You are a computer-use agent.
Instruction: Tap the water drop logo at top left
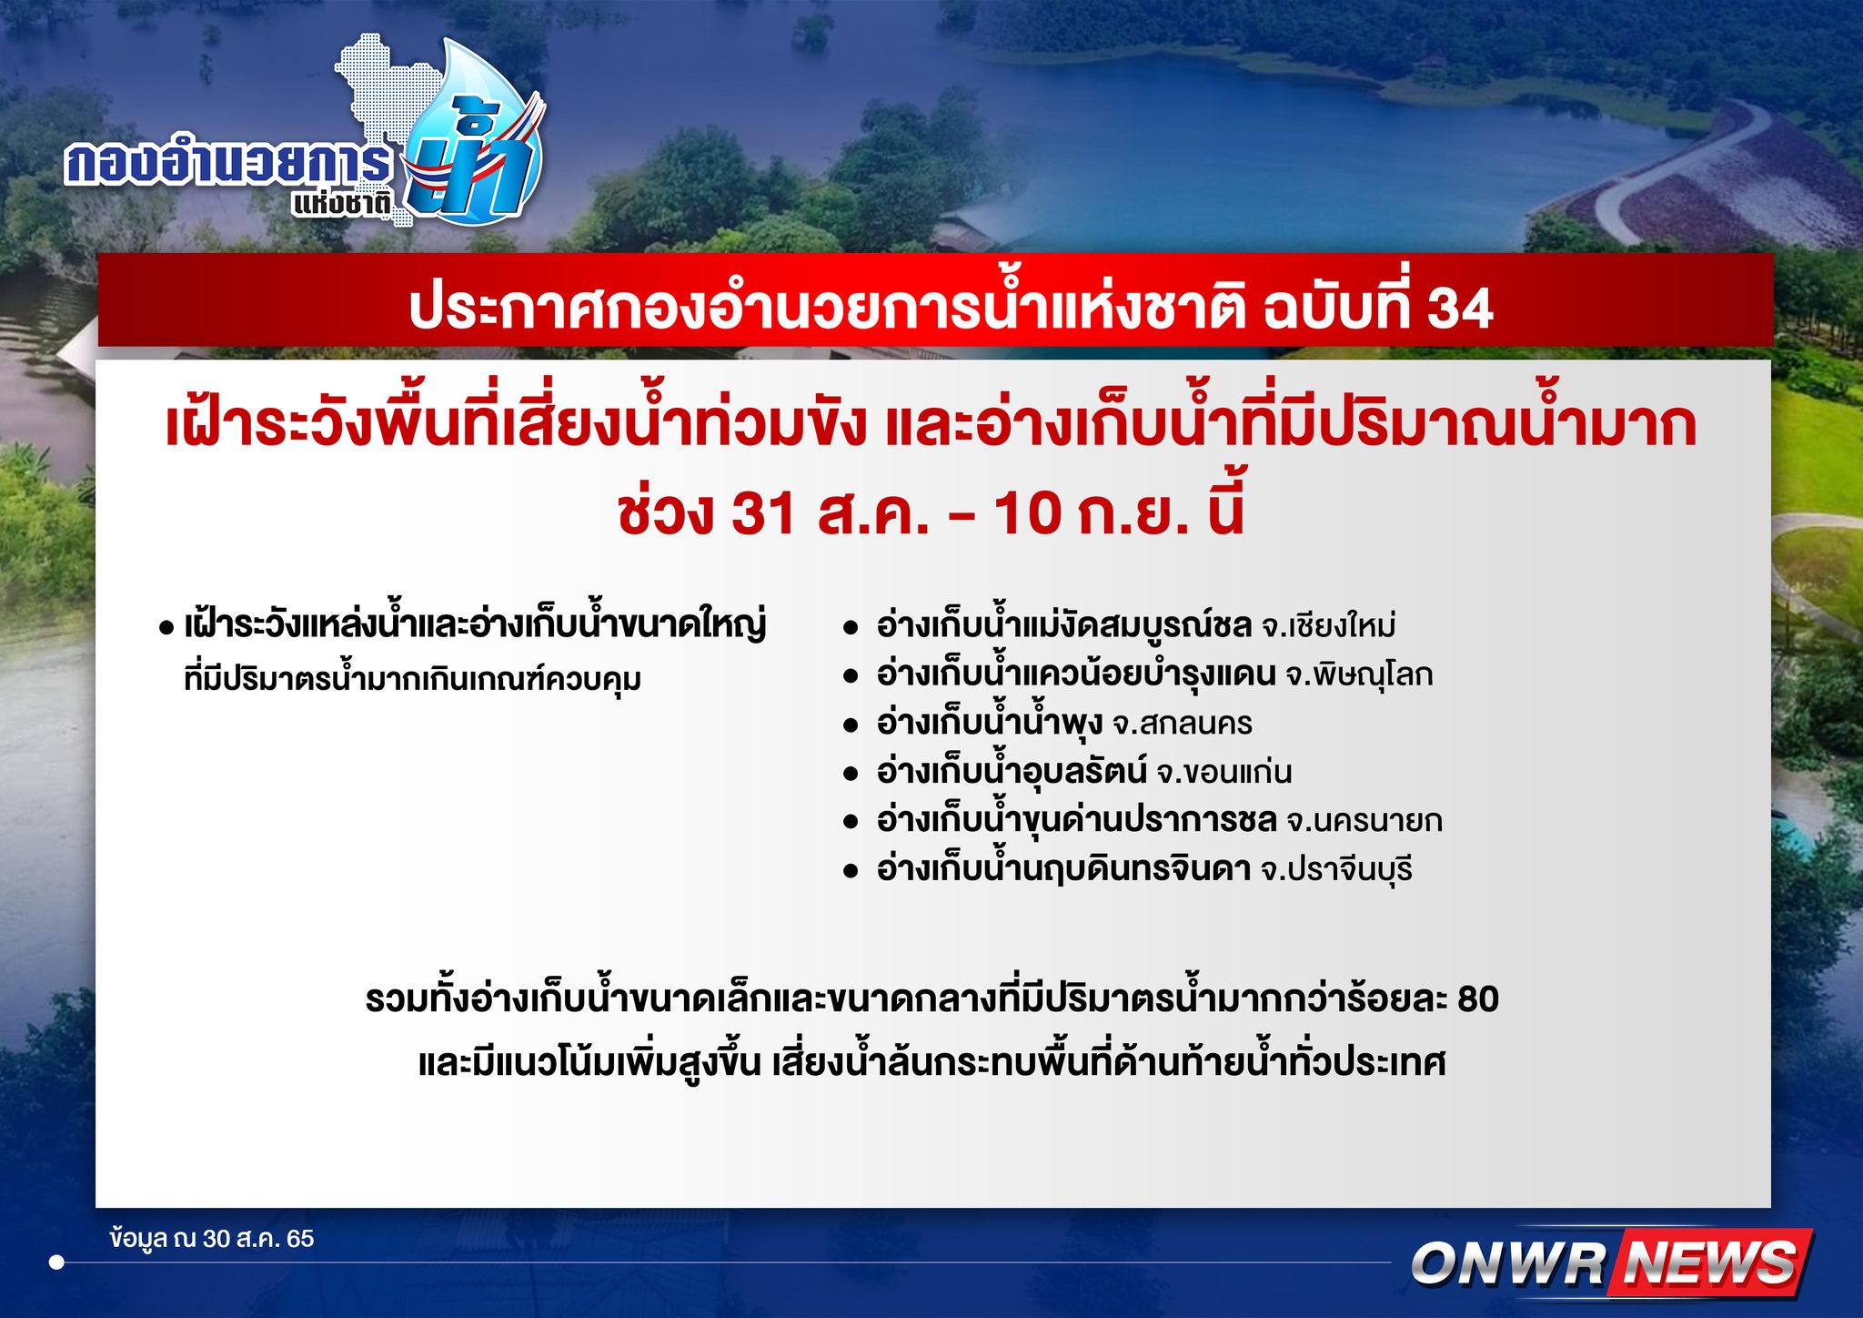coord(478,137)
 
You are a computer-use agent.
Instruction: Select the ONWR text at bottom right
coord(1510,1264)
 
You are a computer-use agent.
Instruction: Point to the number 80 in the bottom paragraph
coord(1477,999)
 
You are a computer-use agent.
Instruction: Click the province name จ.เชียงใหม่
coord(1328,626)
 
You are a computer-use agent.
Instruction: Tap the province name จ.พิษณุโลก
coord(1359,674)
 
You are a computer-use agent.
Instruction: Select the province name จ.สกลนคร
coord(1183,724)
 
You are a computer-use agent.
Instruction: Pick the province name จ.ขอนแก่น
coord(1224,772)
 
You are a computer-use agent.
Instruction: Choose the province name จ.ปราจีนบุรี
coord(1336,869)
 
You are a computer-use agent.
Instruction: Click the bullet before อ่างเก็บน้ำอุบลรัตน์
coord(851,774)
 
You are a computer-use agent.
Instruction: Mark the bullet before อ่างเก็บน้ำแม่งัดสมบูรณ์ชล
coord(851,628)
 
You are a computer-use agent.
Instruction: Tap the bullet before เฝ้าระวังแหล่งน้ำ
coord(166,628)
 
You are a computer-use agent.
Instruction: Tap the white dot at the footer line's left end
coord(56,1262)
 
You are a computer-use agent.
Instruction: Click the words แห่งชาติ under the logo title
coord(342,203)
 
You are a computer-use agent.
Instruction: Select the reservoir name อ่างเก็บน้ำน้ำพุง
coord(989,724)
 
